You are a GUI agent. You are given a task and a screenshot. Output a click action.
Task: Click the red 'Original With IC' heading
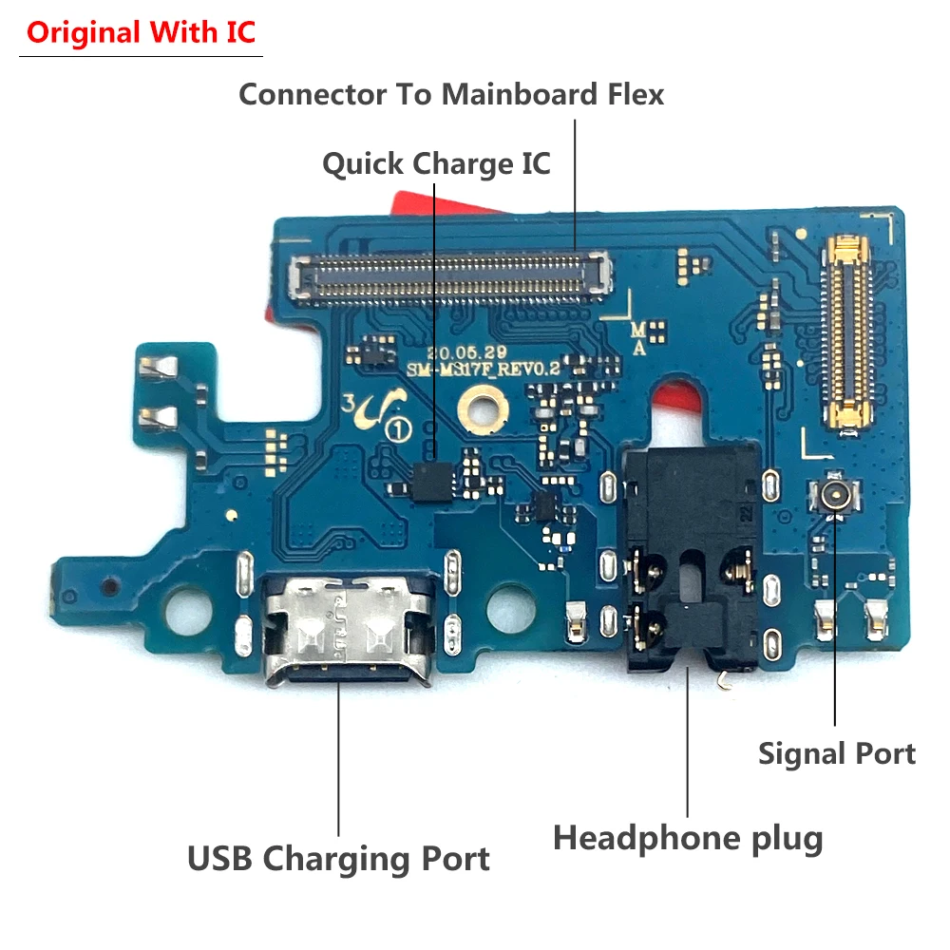(x=141, y=32)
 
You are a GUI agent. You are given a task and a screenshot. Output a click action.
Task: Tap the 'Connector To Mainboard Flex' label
(x=450, y=95)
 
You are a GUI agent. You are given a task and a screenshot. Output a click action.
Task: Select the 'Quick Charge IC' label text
(x=436, y=163)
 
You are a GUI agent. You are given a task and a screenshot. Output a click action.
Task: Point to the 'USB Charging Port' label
(x=338, y=858)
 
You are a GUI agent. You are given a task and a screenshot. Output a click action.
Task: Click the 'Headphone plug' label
(x=687, y=838)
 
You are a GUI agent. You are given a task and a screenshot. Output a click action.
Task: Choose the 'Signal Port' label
(x=836, y=753)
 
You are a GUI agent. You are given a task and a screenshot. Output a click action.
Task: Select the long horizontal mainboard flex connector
(x=450, y=275)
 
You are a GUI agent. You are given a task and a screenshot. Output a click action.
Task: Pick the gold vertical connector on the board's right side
(x=847, y=337)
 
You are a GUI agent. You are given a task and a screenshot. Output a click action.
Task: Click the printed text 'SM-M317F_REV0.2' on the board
(x=480, y=368)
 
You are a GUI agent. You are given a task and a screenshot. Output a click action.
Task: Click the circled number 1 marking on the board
(x=391, y=429)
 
